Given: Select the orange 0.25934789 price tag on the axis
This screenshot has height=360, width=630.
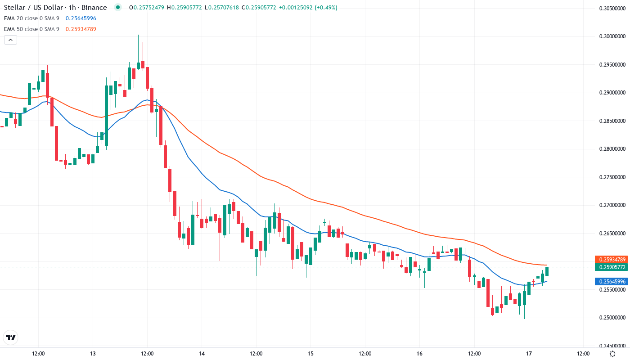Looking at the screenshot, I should coord(611,259).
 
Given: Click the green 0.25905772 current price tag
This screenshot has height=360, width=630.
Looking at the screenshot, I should coord(611,267).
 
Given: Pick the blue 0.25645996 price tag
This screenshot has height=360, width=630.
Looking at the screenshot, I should coord(611,282).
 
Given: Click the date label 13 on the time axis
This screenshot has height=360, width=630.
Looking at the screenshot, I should coord(93,354).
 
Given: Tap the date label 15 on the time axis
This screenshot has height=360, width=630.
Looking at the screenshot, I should coord(310,354).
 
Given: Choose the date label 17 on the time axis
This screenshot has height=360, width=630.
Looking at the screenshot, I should coord(529,354).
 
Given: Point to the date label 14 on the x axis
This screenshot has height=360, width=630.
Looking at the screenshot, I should coord(202,354).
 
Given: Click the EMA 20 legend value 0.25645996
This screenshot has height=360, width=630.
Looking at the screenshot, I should coord(81,18).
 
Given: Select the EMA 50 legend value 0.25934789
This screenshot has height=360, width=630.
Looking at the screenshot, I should coord(81,29).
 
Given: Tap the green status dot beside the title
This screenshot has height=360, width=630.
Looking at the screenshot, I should coord(118,8).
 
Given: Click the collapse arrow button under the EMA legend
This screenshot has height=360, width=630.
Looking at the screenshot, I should coord(11,40).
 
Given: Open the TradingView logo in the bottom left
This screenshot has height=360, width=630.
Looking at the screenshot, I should coord(11,337).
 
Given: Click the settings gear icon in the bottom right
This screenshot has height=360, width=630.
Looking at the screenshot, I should coord(612,354).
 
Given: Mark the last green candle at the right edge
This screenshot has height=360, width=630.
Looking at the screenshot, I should coord(547,271).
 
